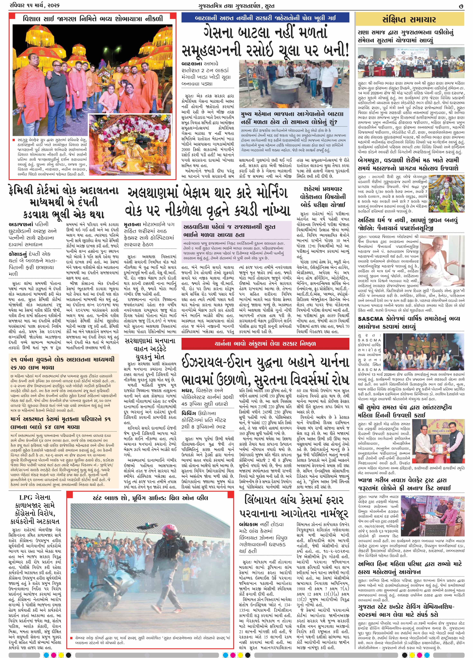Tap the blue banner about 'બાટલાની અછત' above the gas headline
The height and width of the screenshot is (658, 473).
(x=265, y=18)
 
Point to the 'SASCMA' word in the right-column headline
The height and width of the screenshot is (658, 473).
(x=373, y=319)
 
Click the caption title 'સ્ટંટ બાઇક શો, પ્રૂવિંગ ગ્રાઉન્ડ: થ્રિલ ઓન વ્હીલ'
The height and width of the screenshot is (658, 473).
(x=150, y=498)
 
